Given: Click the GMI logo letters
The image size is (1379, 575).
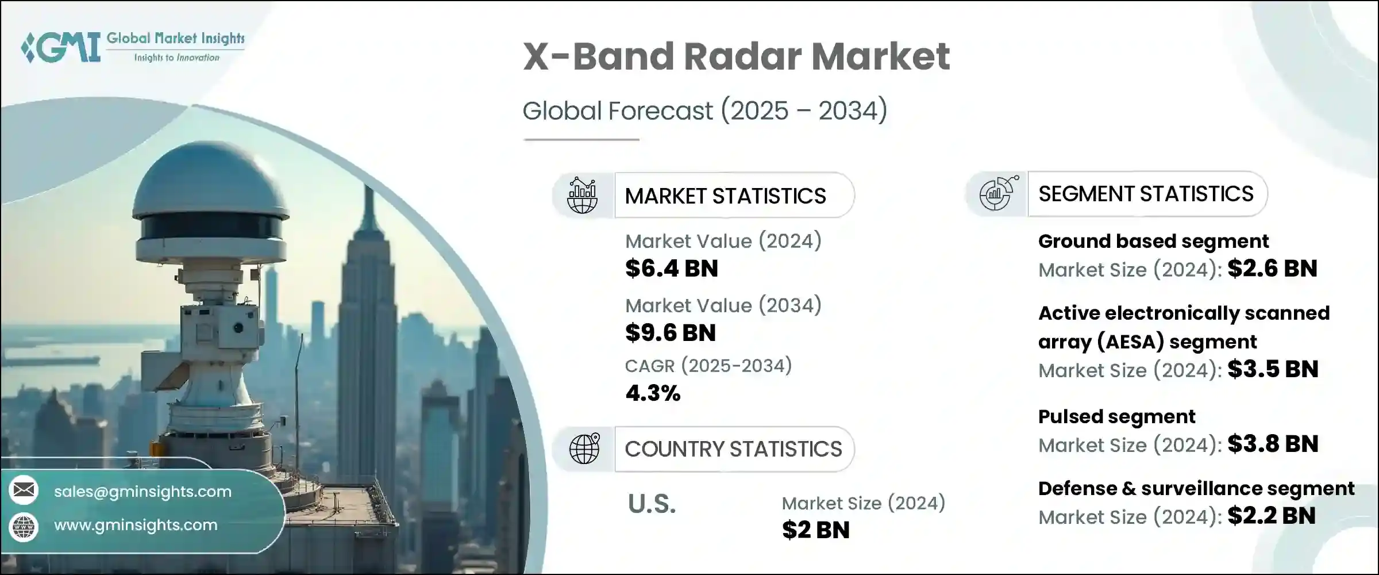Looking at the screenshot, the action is tap(60, 47).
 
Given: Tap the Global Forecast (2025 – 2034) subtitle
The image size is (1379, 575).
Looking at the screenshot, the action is tap(705, 110).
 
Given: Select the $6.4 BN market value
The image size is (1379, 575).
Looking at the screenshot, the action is tap(672, 269).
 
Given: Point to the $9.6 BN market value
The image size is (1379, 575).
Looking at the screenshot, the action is tap(671, 332).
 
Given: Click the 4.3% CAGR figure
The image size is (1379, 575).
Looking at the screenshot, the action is tap(653, 393).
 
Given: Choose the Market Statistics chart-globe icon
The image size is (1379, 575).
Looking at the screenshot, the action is tap(582, 195).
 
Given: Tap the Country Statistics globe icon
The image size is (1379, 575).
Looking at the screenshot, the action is tap(584, 448).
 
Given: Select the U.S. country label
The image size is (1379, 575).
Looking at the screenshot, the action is tap(652, 504).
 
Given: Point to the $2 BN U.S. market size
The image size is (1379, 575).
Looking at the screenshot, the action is tap(815, 530).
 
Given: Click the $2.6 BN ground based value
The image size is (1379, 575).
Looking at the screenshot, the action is tap(1272, 269).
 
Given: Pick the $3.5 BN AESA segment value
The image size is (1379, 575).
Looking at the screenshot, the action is tap(1273, 369).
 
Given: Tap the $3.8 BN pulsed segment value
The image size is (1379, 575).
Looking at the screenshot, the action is tap(1273, 444).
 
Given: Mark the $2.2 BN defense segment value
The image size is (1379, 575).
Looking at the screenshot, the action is tap(1272, 516).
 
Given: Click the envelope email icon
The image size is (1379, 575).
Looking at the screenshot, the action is tap(24, 490).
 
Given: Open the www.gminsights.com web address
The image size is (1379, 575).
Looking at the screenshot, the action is tap(136, 525).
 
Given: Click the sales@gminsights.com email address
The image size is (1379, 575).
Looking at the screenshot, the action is tap(142, 492).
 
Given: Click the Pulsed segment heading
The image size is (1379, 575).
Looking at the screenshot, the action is tap(1116, 417).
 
